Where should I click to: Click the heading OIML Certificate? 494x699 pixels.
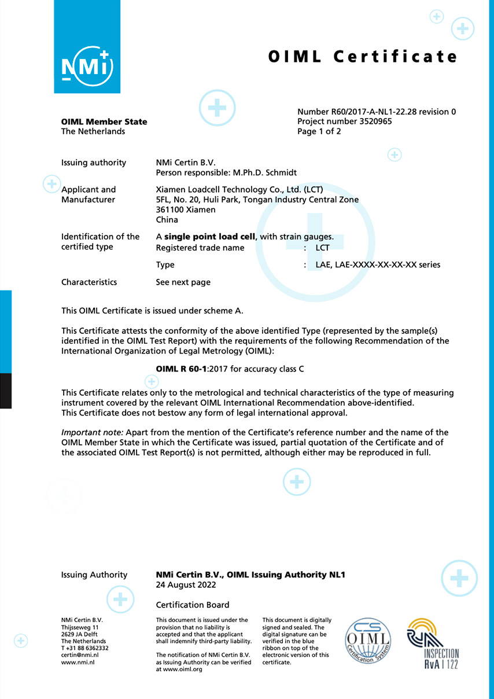363,56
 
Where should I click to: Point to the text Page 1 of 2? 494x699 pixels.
319,131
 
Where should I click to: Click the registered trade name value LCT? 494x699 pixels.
322,248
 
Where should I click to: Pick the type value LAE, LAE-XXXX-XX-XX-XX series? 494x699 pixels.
378,265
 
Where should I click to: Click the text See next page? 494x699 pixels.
183,282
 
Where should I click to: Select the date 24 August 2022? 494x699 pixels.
186,585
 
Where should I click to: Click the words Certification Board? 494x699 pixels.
193,605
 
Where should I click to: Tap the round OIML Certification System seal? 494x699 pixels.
368,641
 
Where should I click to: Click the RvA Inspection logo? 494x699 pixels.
433,643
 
